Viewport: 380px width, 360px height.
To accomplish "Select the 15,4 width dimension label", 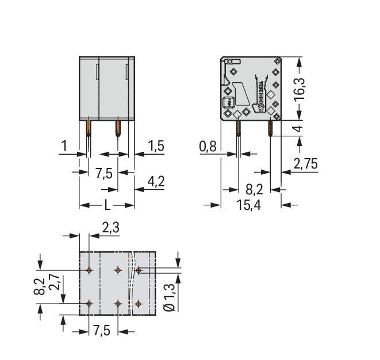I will [248, 205].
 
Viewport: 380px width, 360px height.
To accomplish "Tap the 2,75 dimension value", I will [305, 164].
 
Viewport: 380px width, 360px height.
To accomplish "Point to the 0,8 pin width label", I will [208, 147].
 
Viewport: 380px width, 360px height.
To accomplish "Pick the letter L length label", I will [108, 205].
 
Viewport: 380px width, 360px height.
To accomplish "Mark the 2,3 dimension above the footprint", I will [110, 228].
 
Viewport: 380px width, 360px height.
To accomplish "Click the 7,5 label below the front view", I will [104, 173].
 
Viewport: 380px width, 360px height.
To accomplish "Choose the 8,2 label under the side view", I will [254, 190].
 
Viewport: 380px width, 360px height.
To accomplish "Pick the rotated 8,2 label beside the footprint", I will [39, 286].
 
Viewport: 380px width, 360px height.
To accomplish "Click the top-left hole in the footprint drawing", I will [89, 270].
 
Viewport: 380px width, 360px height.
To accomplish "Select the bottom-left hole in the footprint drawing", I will [89, 303].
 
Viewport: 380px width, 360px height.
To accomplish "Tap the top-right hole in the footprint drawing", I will [139, 270].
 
